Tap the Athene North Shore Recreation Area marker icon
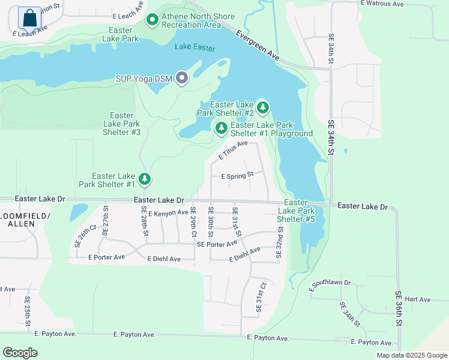[152, 20]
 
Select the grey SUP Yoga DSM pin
[182, 79]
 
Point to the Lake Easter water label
[195, 47]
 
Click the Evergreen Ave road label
[258, 45]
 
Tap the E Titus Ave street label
[233, 151]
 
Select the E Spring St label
[238, 176]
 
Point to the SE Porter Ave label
[217, 244]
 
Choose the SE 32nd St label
[280, 242]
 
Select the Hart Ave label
[418, 299]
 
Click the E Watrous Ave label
[382, 4]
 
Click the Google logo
[20, 353]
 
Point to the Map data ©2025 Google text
[411, 355]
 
